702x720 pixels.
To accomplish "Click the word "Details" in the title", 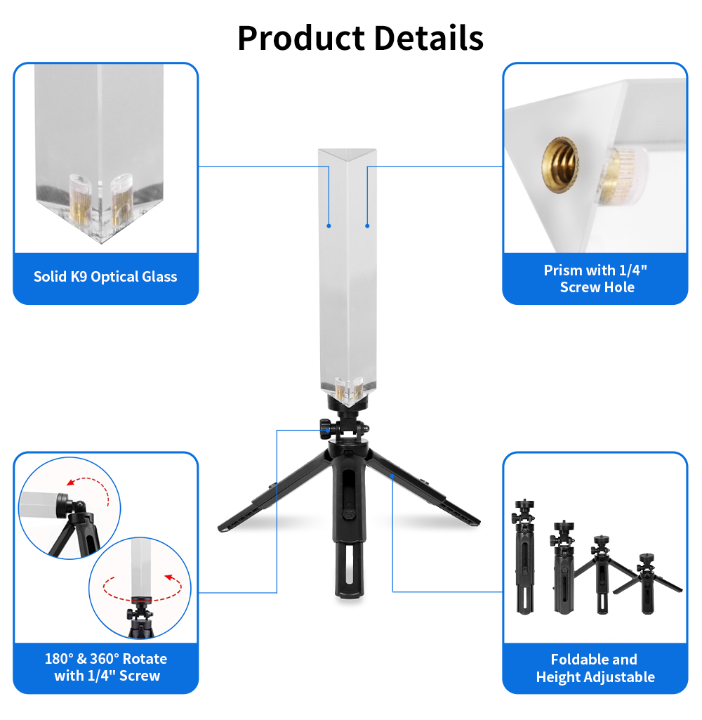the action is coord(429,38).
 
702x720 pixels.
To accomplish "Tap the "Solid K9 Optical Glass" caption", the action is coord(105,277).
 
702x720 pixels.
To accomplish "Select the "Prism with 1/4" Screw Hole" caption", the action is coord(595,278).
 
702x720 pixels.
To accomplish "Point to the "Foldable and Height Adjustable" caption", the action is coord(595,668).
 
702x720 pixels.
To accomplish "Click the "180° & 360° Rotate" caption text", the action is coord(106,659).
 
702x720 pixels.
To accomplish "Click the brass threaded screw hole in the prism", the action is coord(560,165).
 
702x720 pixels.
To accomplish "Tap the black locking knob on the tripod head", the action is coord(326,426).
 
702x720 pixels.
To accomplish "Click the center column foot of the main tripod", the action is coord(349,570).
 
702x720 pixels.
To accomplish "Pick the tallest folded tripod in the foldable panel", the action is coord(524,556).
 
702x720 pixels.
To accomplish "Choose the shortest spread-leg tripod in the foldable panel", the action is coord(647,583).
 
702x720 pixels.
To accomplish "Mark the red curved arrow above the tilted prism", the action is coord(89,487).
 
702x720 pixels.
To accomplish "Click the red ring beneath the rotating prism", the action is coord(141,600).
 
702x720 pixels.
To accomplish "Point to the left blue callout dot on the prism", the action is coord(329,226).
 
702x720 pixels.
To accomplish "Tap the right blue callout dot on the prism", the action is coord(367,226).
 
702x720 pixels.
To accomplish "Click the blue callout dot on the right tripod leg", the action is coord(392,477).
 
